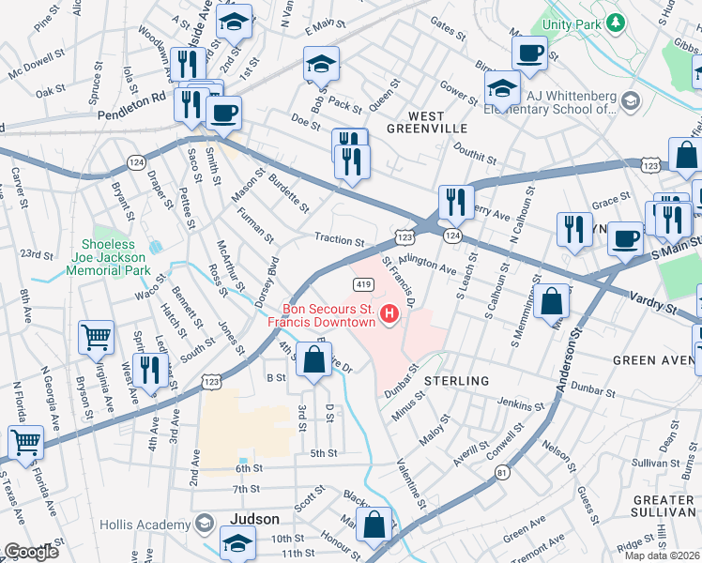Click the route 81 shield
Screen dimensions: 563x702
[x=503, y=473]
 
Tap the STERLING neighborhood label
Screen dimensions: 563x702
[x=456, y=381]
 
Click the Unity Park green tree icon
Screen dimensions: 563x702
[x=615, y=22]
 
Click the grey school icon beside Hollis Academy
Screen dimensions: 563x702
[x=204, y=524]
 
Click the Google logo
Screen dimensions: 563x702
[x=31, y=552]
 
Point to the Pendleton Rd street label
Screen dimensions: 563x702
[x=131, y=96]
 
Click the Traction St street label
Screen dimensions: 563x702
[x=339, y=240]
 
